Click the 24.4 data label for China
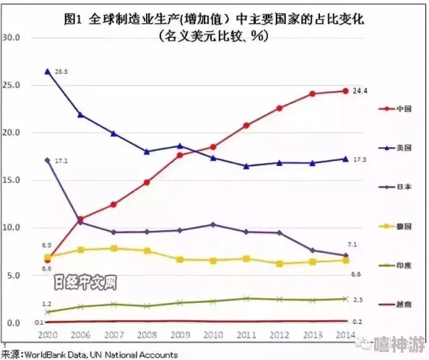pos(359,90)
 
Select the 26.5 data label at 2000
pos(61,71)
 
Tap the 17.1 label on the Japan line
pos(61,160)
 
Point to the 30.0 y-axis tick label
pos(13,38)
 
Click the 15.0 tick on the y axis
pos(13,180)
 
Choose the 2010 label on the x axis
pos(212,335)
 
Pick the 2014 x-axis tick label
pos(344,335)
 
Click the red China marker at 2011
pos(246,125)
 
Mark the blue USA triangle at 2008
pos(147,152)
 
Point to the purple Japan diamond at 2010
pos(212,224)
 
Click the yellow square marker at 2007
pos(113,248)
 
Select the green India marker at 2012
pos(279,299)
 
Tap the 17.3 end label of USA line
pos(359,159)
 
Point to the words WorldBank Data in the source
pos(55,354)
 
